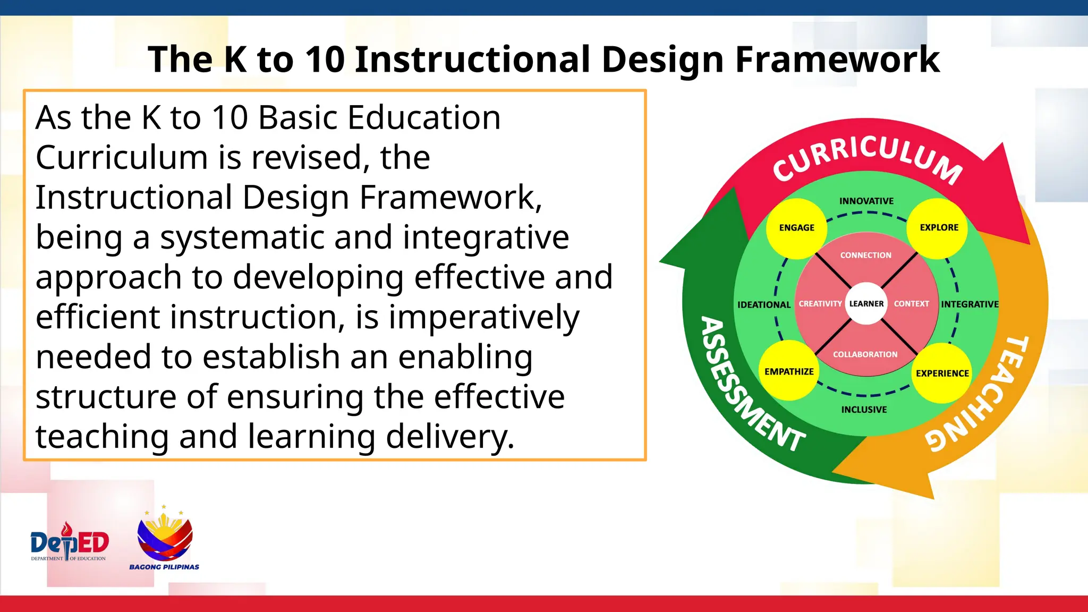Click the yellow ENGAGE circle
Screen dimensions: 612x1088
tap(796, 228)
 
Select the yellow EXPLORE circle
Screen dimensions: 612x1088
tap(938, 228)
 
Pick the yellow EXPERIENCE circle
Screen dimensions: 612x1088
tap(942, 373)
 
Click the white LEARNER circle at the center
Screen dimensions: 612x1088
tap(866, 304)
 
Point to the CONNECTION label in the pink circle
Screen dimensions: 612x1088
tap(865, 256)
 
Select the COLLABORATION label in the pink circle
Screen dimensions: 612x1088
tap(865, 354)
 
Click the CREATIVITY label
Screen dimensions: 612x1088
tap(820, 304)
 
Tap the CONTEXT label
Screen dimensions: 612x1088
tap(911, 304)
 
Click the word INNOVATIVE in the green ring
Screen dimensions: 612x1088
tap(866, 201)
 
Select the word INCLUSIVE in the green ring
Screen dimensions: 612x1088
tap(864, 410)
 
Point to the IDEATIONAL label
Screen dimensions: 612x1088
tap(763, 304)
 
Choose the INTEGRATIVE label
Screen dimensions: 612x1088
tap(970, 304)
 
